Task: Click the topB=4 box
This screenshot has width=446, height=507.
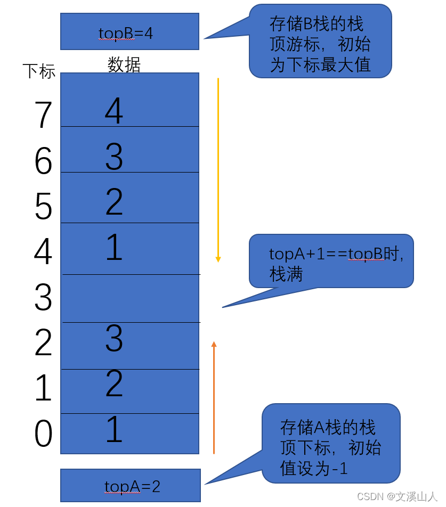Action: [129, 32]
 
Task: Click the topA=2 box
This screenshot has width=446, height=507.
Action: [131, 485]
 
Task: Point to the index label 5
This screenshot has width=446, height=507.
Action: [43, 206]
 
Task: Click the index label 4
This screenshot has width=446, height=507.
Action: [43, 252]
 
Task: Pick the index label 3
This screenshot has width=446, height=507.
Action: [43, 297]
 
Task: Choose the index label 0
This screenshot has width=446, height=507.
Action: [43, 434]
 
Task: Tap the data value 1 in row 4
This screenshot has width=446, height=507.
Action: [114, 247]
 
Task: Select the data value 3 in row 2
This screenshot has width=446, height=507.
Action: [114, 339]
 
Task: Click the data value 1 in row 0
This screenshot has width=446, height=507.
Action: [114, 430]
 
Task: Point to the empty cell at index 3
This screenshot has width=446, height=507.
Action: [131, 298]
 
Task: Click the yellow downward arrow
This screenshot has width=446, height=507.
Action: [218, 170]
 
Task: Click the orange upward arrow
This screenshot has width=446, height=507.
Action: [214, 397]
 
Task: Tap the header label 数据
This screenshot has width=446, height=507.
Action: [124, 64]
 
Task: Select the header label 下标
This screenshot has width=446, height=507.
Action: [39, 71]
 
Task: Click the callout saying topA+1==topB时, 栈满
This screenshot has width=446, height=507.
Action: [331, 261]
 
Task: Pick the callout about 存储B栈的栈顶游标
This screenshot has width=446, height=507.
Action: [320, 42]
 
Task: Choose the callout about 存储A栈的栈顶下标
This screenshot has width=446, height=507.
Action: [331, 444]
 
